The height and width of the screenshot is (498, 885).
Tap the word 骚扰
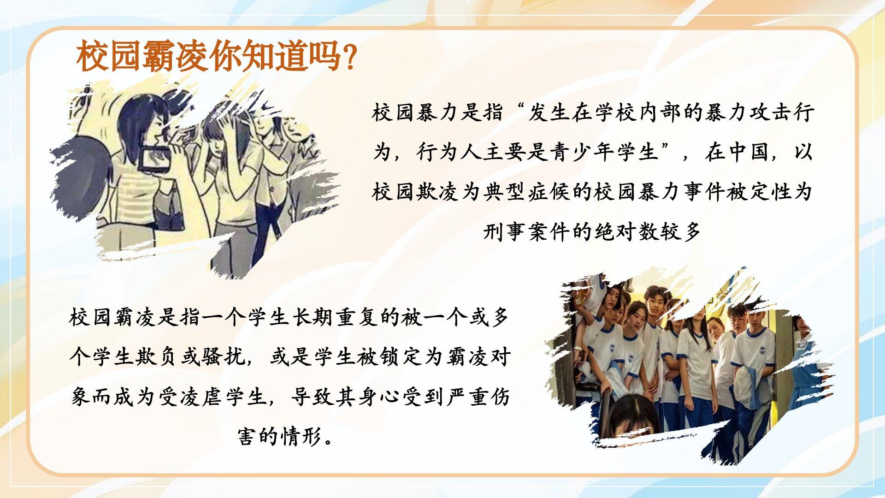tap(223, 357)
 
